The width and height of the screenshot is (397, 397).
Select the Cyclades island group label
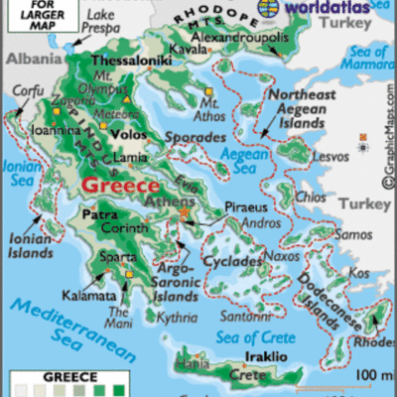click(x=230, y=263)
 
